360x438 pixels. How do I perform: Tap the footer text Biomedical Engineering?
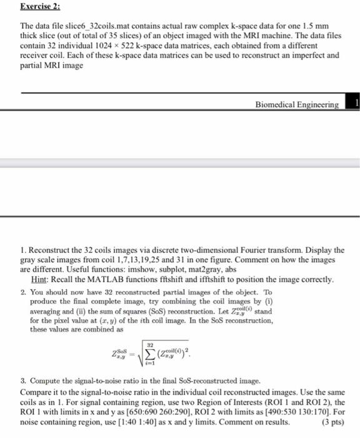point(297,104)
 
